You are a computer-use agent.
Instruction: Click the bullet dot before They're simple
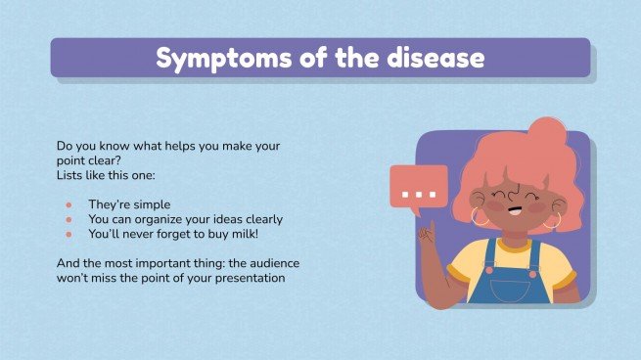click(x=69, y=204)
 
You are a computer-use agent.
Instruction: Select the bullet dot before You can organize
click(x=69, y=219)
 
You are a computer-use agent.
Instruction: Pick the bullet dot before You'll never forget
click(x=69, y=235)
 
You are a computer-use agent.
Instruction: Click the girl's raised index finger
click(x=427, y=231)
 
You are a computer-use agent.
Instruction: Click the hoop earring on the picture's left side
click(x=481, y=216)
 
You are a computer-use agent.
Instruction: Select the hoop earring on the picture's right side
click(x=553, y=220)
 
